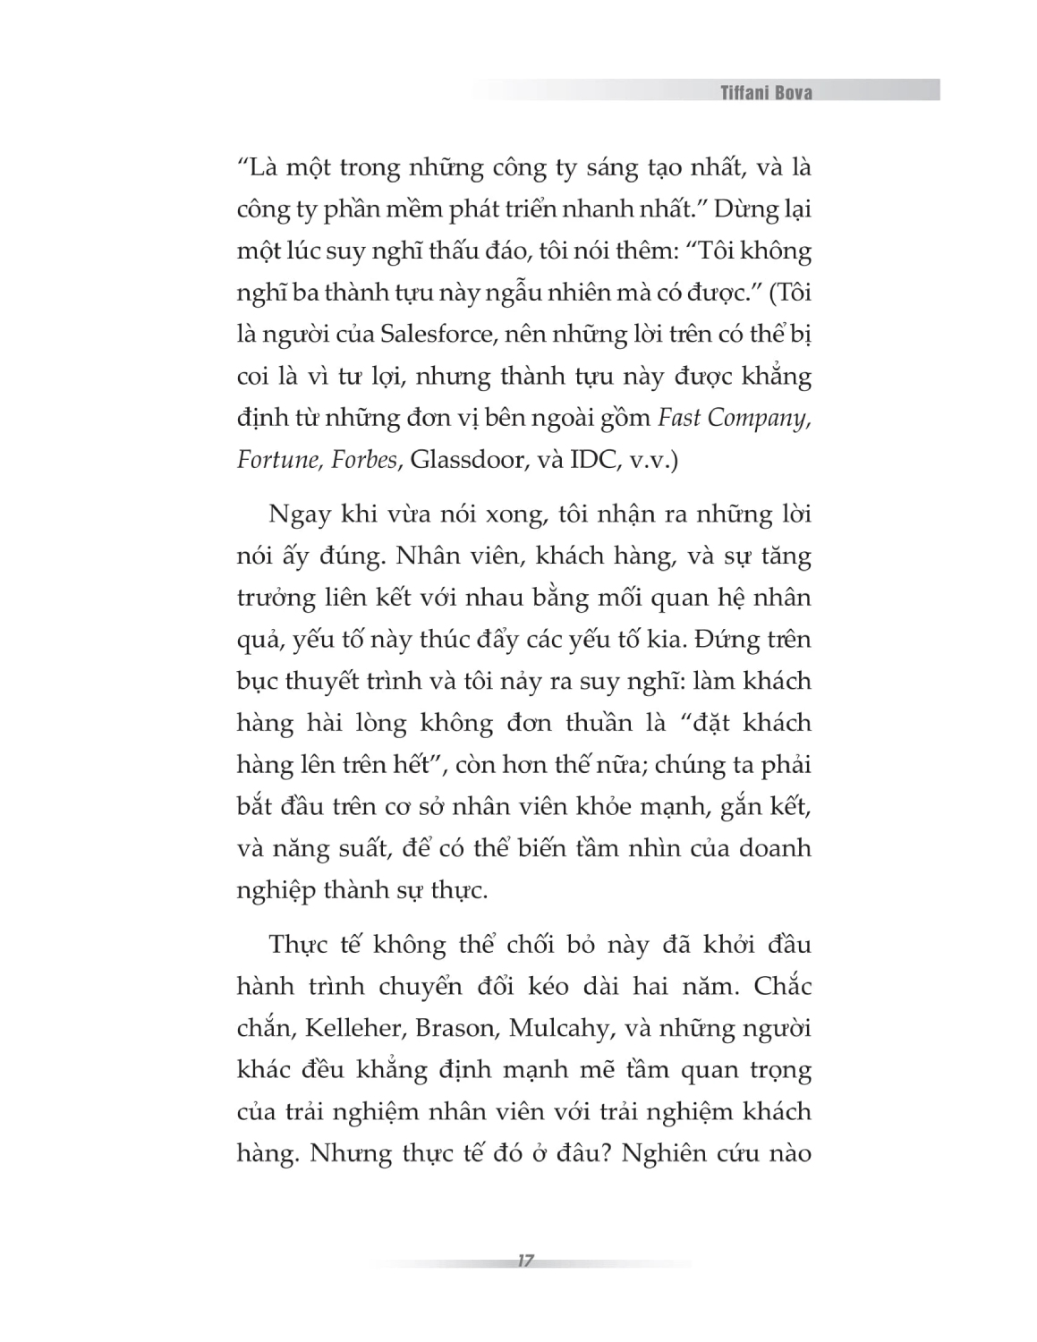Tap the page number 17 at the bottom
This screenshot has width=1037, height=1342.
pyautogui.click(x=525, y=1261)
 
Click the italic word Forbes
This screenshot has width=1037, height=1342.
pyautogui.click(x=363, y=460)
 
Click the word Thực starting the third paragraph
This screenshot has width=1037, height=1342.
pyautogui.click(x=298, y=945)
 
